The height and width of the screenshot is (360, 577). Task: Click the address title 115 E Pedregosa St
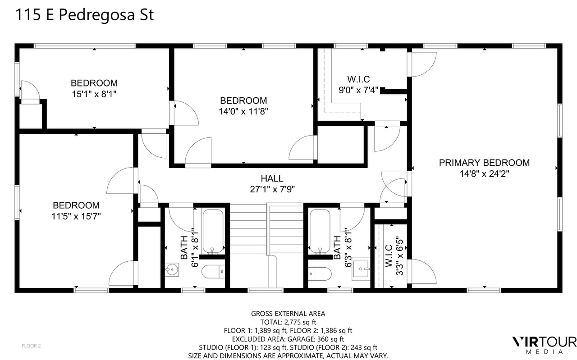click(x=84, y=14)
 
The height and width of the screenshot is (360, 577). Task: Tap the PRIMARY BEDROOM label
click(x=484, y=163)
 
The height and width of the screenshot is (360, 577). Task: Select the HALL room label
click(x=272, y=178)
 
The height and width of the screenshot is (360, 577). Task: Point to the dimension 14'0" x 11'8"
click(x=243, y=111)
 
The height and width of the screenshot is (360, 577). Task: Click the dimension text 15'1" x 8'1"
click(x=94, y=94)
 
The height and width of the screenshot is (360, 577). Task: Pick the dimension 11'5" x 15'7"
click(x=76, y=216)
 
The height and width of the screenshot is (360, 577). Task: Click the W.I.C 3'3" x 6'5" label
click(x=394, y=256)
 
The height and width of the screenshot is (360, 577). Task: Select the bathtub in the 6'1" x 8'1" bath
click(x=213, y=231)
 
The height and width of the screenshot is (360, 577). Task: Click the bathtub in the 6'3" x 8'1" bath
click(x=320, y=231)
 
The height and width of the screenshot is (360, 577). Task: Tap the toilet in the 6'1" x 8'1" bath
click(x=213, y=271)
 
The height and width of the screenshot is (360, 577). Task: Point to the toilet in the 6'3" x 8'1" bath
click(x=320, y=274)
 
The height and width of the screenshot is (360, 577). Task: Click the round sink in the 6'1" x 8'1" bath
click(x=172, y=269)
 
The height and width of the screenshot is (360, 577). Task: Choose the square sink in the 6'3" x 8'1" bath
click(x=361, y=269)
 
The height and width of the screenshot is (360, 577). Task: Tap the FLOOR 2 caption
click(x=31, y=346)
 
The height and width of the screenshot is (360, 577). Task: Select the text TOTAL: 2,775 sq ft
click(x=288, y=322)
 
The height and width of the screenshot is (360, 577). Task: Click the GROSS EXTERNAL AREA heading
click(x=288, y=314)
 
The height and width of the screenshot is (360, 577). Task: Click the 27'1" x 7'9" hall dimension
click(x=272, y=190)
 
